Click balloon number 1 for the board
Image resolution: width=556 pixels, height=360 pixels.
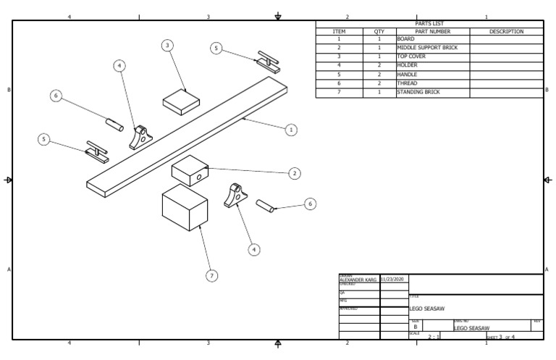291,130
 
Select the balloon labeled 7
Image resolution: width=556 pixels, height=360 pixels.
212,276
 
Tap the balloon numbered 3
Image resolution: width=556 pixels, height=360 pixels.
168,46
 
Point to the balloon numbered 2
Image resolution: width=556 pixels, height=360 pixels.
295,173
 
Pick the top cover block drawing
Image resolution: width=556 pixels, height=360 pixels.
181,101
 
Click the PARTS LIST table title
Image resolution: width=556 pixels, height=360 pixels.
429,24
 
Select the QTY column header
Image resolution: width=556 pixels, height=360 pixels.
379,32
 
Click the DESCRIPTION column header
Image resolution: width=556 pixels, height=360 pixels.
506,32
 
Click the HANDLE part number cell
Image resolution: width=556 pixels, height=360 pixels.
408,75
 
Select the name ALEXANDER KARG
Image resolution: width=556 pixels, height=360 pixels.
358,280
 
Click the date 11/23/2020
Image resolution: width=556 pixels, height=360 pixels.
394,279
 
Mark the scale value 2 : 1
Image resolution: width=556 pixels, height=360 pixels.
434,337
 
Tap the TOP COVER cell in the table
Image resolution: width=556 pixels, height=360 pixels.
412,56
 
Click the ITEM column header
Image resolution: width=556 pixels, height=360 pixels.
340,32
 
